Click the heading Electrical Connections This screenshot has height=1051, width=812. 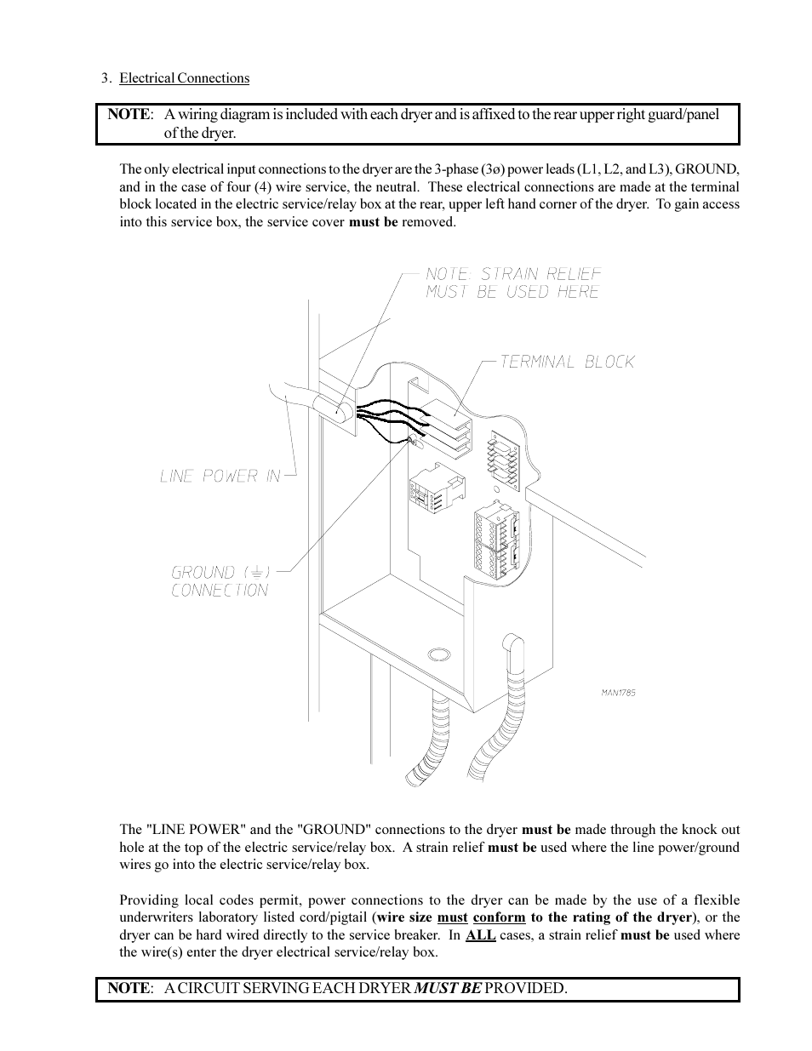point(184,78)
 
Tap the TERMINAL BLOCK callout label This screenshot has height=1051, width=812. point(567,362)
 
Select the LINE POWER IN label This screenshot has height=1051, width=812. point(220,476)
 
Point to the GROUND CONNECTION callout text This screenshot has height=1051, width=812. point(220,581)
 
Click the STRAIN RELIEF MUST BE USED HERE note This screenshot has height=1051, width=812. point(513,283)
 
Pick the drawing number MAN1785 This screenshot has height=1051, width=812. point(618,693)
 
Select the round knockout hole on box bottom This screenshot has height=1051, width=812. point(438,654)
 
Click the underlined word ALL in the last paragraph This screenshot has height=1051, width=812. point(481,934)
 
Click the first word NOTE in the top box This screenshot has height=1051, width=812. point(129,114)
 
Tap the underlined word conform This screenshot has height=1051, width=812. point(499,917)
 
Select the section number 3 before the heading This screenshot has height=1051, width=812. point(106,78)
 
